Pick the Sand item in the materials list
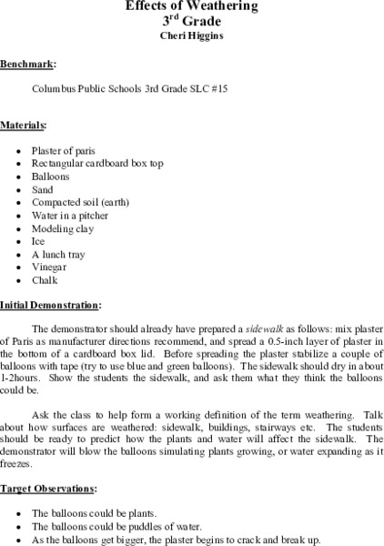[42, 189]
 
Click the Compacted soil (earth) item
[80, 203]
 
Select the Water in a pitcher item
[70, 217]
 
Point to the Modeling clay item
[62, 230]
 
